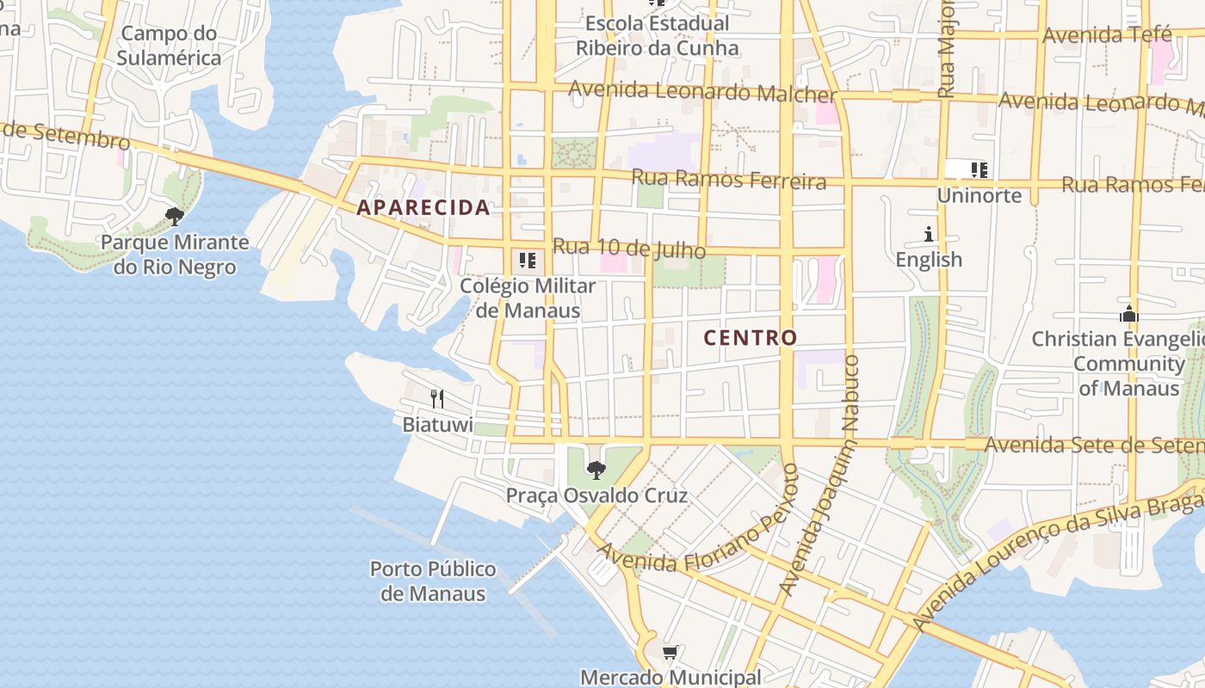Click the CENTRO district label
point(751,338)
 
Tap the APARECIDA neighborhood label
point(423,207)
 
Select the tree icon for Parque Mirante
point(175,216)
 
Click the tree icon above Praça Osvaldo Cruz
point(596,470)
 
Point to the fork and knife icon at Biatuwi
point(437,398)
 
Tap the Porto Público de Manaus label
point(433,581)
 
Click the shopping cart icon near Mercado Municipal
point(670,653)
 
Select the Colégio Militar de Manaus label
point(528,298)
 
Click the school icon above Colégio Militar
point(528,260)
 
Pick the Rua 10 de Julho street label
point(628,249)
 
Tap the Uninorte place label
point(979,195)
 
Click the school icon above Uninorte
point(979,169)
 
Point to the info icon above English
point(929,234)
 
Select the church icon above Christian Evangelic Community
point(1129,314)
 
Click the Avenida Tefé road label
point(1107,35)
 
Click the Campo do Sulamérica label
point(169,46)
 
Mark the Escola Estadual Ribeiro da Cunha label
point(657,35)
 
